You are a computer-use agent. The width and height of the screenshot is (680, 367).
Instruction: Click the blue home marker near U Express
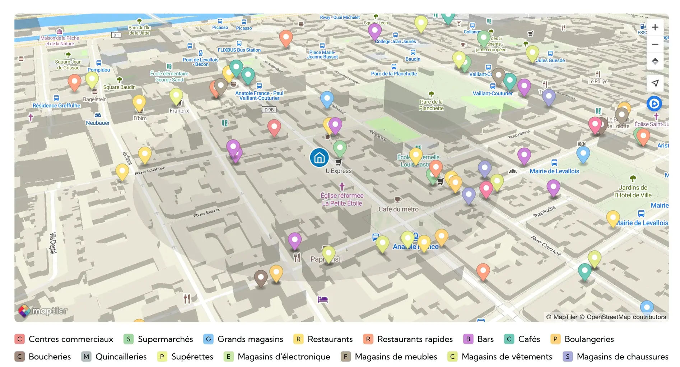319,158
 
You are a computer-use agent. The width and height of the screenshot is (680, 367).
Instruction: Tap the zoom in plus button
655,27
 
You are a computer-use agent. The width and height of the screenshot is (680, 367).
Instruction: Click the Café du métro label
398,209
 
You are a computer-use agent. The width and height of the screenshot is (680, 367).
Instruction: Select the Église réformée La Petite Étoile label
342,199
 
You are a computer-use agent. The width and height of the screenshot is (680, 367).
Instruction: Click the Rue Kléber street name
150,171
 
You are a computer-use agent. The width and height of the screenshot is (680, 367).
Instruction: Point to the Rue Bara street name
206,213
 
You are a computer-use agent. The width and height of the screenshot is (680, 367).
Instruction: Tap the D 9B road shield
269,110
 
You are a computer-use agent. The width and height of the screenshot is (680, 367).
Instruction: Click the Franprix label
179,111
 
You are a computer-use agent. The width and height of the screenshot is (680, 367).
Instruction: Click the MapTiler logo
43,311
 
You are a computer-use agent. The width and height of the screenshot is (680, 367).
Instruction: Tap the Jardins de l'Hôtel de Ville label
633,192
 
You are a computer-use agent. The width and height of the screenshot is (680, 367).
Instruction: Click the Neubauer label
98,123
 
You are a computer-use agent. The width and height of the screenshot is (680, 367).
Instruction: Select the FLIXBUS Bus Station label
239,50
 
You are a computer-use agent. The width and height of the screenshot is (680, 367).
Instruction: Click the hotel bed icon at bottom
323,299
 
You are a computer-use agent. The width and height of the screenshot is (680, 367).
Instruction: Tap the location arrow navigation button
655,83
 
